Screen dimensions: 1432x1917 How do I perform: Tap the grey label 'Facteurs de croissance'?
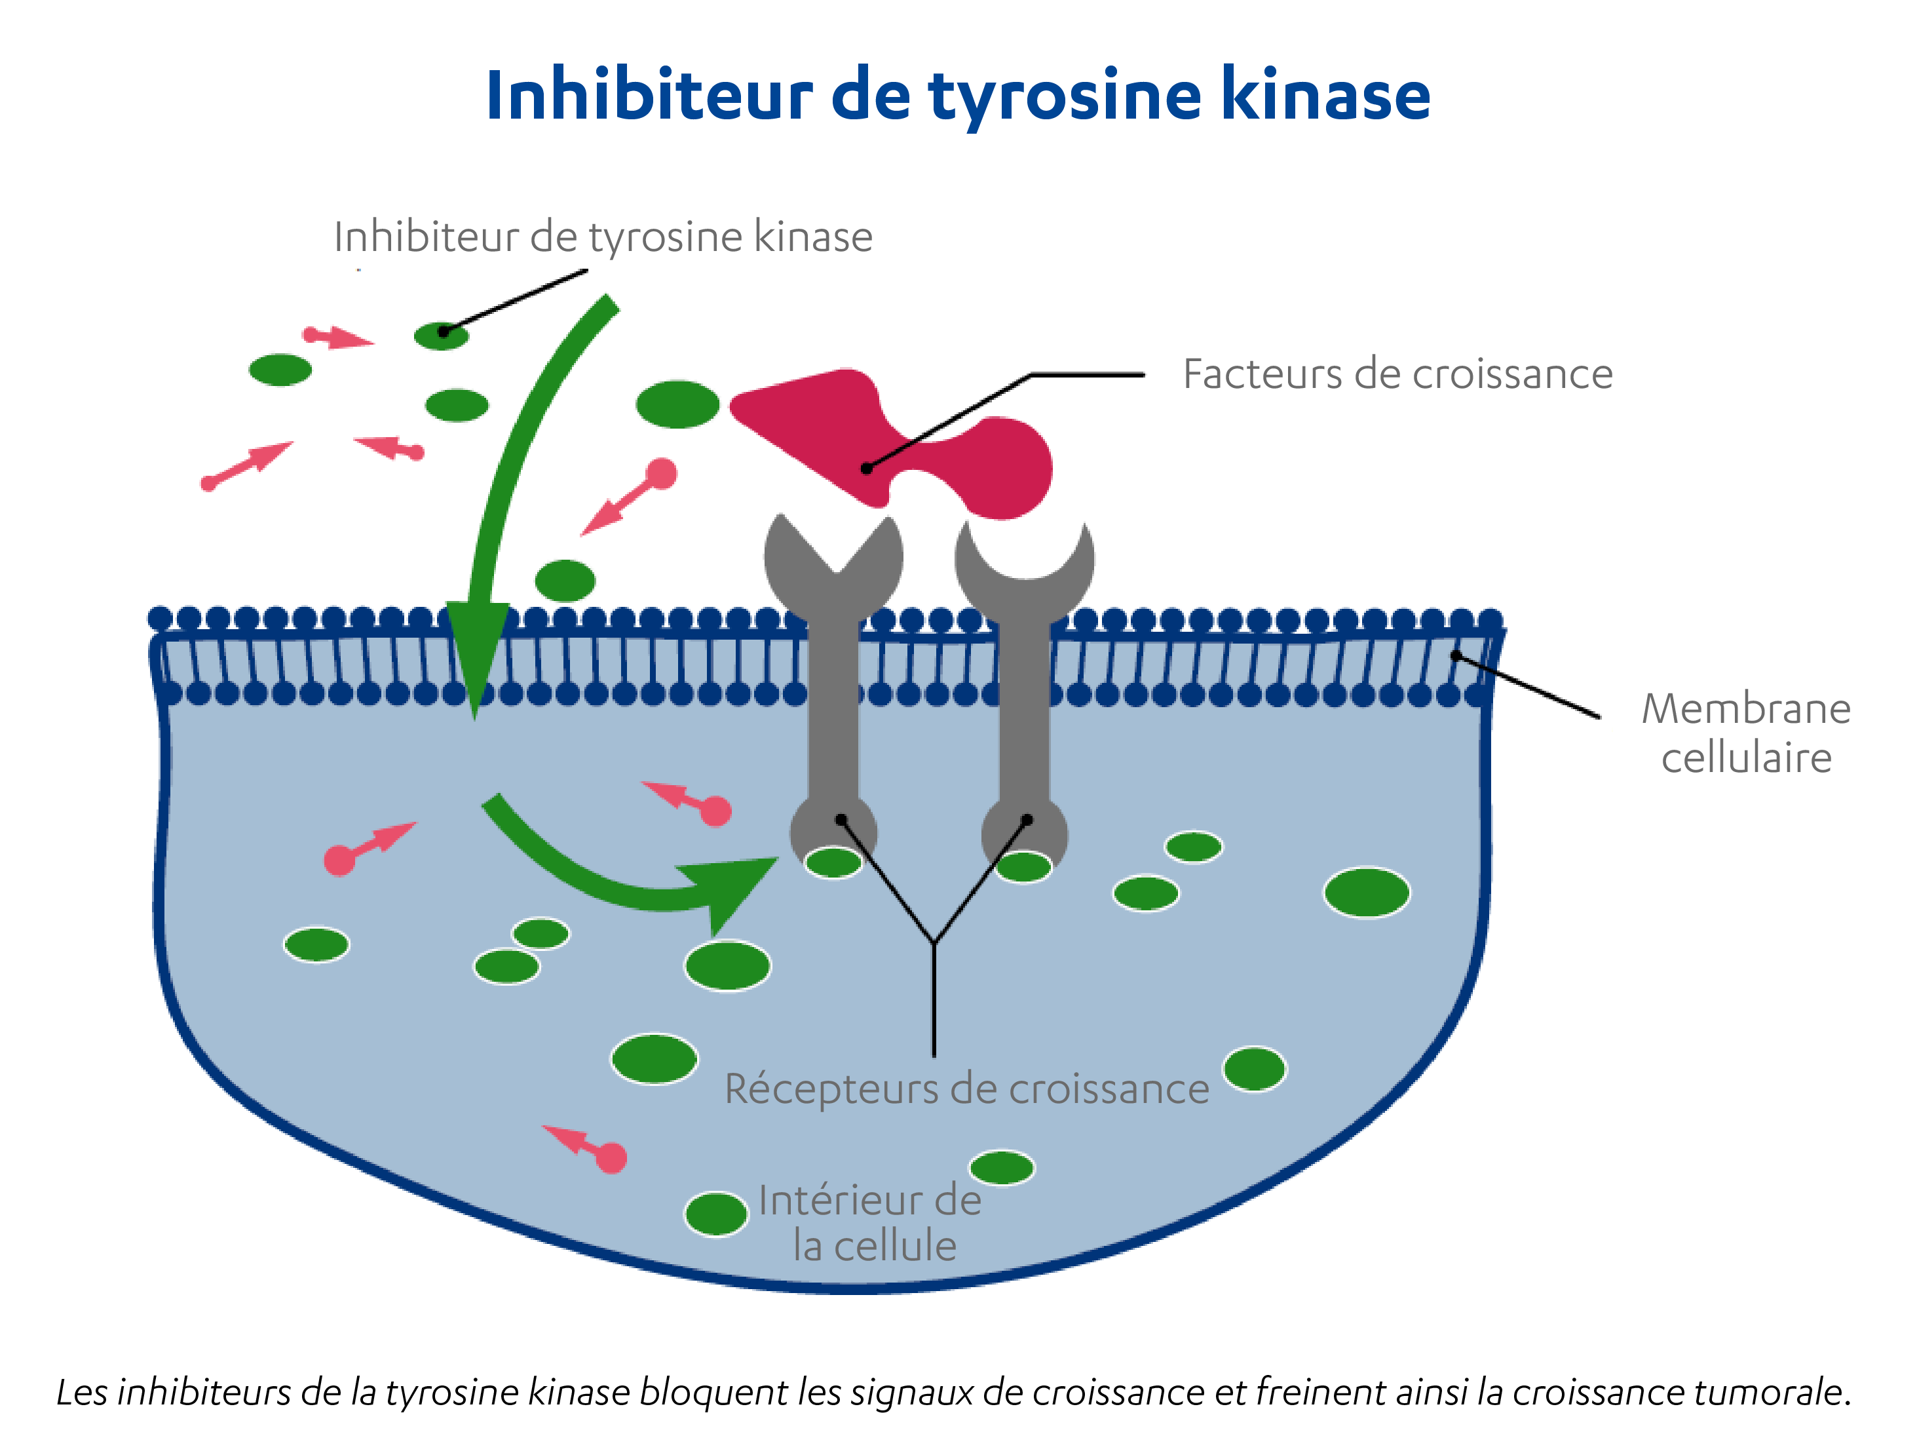pyautogui.click(x=1397, y=374)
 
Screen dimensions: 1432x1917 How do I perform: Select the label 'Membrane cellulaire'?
pyautogui.click(x=1745, y=733)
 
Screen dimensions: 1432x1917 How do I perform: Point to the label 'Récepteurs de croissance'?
pyautogui.click(x=966, y=1089)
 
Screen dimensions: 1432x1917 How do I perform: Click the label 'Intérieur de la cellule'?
pyautogui.click(x=871, y=1222)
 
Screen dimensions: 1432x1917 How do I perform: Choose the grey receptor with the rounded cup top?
pyautogui.click(x=1025, y=659)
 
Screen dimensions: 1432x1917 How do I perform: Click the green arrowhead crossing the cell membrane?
pyautogui.click(x=475, y=650)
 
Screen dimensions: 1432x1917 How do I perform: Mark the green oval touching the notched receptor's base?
pyautogui.click(x=833, y=862)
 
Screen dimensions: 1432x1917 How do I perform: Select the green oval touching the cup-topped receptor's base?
pyautogui.click(x=1023, y=866)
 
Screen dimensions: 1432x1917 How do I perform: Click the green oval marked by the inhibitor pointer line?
pyautogui.click(x=441, y=335)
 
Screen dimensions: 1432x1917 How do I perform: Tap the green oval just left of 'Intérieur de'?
pyautogui.click(x=716, y=1214)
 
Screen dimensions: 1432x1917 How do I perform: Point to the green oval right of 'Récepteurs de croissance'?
pyautogui.click(x=1254, y=1069)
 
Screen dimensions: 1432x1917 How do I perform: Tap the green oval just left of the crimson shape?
pyautogui.click(x=677, y=404)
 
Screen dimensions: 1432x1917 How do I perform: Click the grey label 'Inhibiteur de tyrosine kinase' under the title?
pyautogui.click(x=603, y=237)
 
